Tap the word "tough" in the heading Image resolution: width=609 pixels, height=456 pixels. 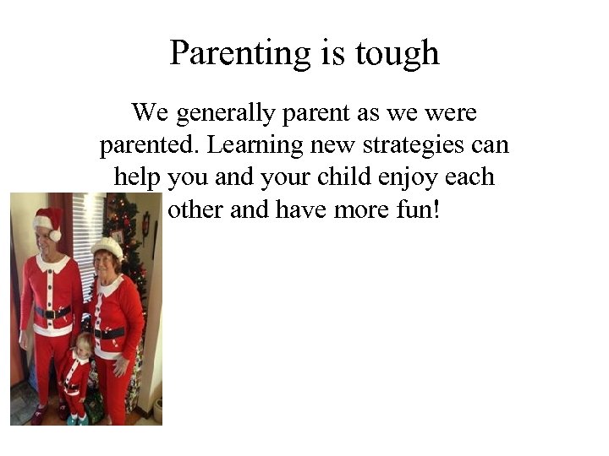coord(397,53)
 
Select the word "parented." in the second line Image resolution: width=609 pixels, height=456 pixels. coord(149,144)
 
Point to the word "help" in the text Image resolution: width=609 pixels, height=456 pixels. coord(137,176)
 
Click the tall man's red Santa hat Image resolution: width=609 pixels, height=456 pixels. coord(49,221)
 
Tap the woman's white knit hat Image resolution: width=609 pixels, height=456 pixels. coord(107,247)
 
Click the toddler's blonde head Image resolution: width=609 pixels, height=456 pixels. coord(85,344)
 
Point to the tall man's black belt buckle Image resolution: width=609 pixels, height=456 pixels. coord(53,313)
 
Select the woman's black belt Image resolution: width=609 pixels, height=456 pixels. coord(110,333)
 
